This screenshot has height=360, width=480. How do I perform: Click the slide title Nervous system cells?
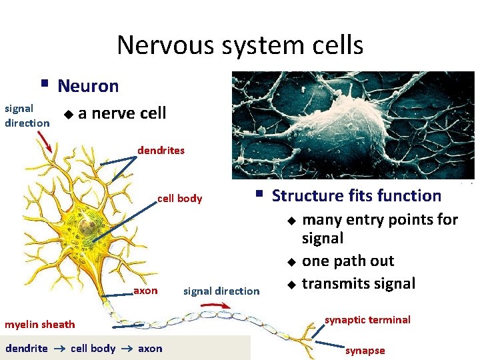click(240, 45)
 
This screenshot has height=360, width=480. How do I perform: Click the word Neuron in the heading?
click(88, 86)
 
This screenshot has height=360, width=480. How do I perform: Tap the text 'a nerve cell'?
click(122, 113)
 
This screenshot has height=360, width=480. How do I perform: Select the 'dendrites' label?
click(161, 151)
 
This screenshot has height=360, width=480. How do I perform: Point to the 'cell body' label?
click(179, 199)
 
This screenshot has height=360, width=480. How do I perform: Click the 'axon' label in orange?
click(146, 291)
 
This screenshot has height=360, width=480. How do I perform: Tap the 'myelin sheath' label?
click(40, 325)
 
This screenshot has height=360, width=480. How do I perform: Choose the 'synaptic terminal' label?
click(367, 320)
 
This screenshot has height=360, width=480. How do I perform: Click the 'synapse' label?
click(365, 351)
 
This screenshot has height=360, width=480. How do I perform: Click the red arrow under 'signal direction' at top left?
click(44, 140)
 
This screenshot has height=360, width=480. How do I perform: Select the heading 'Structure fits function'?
click(357, 196)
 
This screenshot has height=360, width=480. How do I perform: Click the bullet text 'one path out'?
click(348, 261)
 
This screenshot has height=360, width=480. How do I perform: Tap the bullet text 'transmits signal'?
click(359, 284)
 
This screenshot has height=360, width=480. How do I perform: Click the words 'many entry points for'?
click(380, 220)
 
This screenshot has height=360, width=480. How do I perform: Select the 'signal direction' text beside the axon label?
click(221, 291)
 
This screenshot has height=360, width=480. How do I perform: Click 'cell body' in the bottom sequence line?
click(93, 349)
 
